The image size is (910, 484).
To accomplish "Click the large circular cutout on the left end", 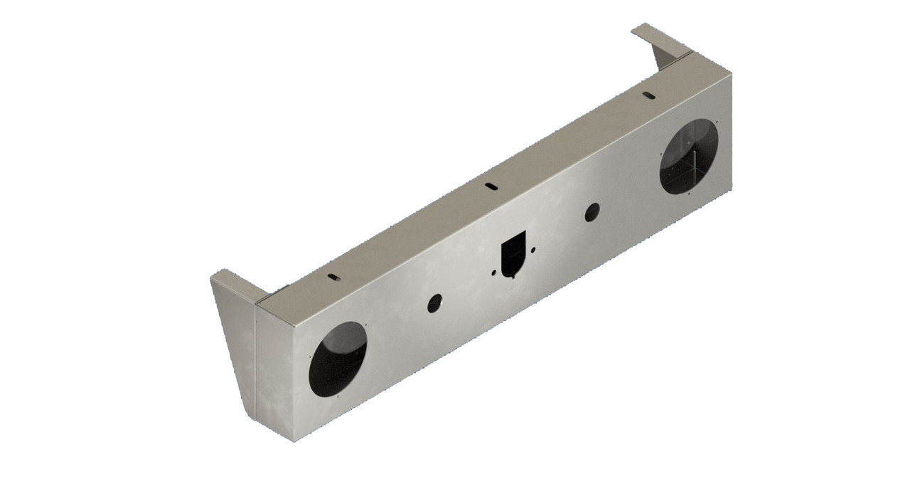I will tap(338, 360).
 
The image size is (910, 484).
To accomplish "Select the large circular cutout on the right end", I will tap(688, 157).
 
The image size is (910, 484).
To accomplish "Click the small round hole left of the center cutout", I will tap(434, 302).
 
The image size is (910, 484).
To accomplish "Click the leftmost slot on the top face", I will tap(332, 276).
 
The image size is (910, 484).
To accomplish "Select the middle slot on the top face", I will tap(491, 185).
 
